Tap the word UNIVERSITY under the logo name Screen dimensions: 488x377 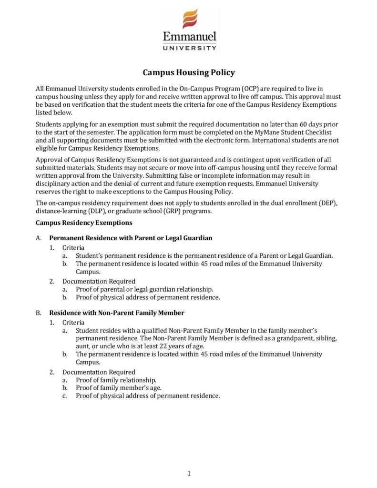click(189, 48)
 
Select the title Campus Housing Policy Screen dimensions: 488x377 click(189, 72)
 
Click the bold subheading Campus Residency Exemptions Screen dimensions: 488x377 click(84, 223)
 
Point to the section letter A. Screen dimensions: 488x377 click(38, 238)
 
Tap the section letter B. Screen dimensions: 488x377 click(38, 313)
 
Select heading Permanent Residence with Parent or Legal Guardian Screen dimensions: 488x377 click(131, 238)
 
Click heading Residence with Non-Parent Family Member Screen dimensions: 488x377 click(117, 313)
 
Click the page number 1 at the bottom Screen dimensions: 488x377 click(189, 473)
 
